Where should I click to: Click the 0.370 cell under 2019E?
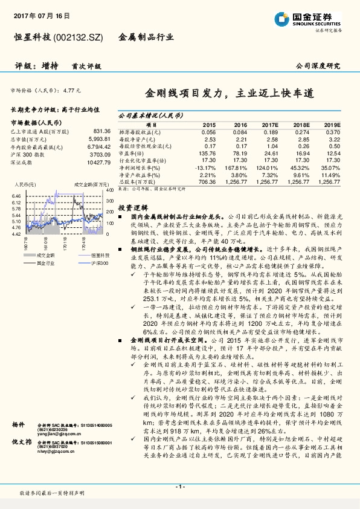[x=333, y=132]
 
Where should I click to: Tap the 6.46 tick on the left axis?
[x=16, y=196]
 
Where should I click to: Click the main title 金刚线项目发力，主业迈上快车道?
[x=229, y=94]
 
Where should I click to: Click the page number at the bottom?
[x=179, y=486]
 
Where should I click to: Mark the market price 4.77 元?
[x=71, y=90]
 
